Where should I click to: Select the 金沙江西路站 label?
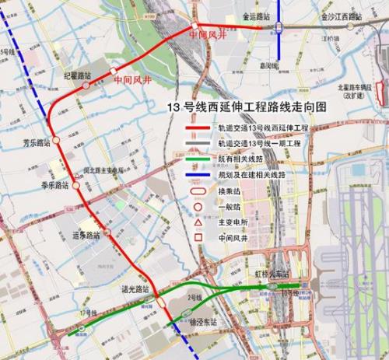click(343, 15)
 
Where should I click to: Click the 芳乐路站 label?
click(37, 142)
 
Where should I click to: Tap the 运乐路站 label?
click(86, 234)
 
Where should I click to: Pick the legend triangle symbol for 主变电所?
click(198, 223)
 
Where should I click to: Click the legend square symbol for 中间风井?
click(198, 239)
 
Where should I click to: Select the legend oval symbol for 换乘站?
click(198, 191)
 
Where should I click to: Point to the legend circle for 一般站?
click(198, 207)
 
